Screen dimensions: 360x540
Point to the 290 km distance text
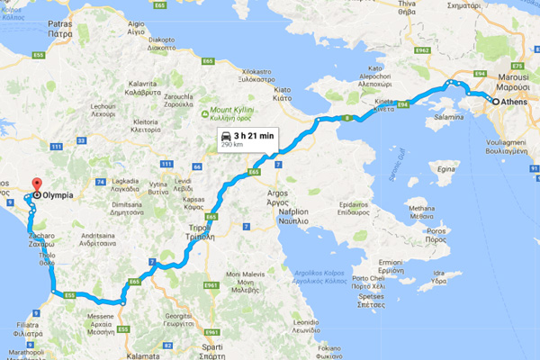click(232, 145)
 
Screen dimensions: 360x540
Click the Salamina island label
click(450, 117)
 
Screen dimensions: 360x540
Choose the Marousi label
click(508, 76)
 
